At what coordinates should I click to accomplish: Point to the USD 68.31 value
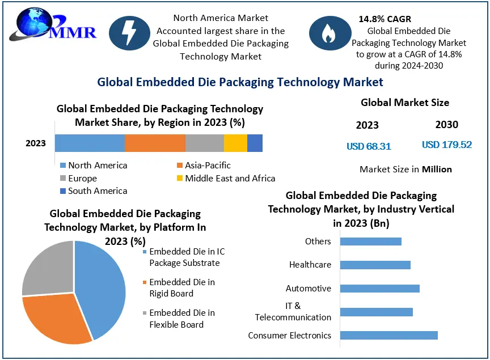pos(369,146)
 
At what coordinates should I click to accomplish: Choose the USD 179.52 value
pos(447,145)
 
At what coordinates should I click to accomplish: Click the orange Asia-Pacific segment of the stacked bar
pos(155,143)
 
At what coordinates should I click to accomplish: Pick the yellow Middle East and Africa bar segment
pos(235,143)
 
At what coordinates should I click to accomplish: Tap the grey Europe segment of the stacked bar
pos(204,143)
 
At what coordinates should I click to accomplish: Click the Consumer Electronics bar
pos(388,335)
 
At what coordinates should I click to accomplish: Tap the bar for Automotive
pos(379,288)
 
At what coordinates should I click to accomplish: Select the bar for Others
pos(370,242)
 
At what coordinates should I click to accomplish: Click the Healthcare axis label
pos(310,265)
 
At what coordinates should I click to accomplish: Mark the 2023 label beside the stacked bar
pos(36,143)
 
